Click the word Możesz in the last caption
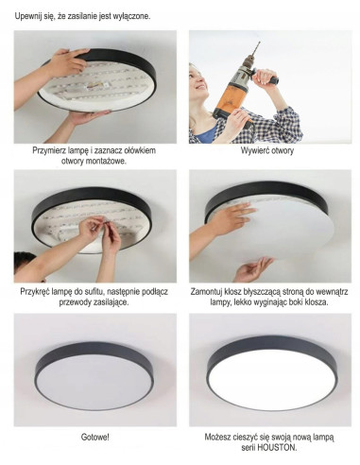point(221,439)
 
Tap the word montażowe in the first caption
point(97,161)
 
